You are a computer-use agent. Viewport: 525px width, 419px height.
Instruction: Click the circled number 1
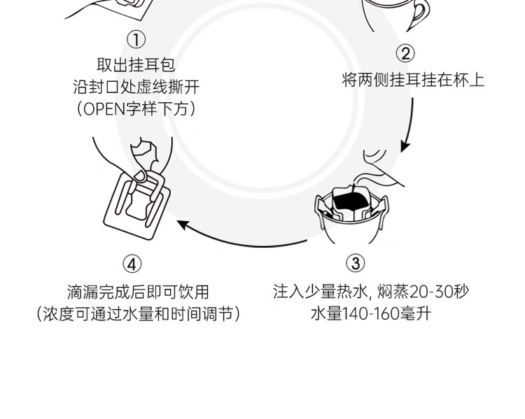coord(136,41)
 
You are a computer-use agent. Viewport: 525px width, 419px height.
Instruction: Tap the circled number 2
coord(405,54)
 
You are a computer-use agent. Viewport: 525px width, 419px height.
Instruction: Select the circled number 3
coord(356,263)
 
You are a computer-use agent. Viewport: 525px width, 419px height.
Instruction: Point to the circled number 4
coord(132,264)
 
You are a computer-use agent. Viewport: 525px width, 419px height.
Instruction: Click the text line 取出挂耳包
coord(136,65)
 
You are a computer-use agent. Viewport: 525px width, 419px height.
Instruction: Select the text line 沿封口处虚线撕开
coord(136,87)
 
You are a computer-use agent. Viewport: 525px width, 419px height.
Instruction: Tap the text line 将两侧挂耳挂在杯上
coord(413,80)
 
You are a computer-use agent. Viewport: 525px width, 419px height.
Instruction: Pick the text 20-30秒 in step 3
coord(436,291)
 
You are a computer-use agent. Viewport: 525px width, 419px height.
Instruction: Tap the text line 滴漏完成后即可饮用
coord(138,292)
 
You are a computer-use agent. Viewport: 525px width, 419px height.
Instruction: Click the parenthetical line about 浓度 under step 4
coord(138,313)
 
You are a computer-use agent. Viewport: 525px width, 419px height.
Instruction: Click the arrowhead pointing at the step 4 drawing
coord(183,224)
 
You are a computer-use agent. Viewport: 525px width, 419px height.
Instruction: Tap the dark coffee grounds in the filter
coord(350,202)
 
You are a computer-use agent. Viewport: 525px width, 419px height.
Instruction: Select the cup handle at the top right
coord(419,14)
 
